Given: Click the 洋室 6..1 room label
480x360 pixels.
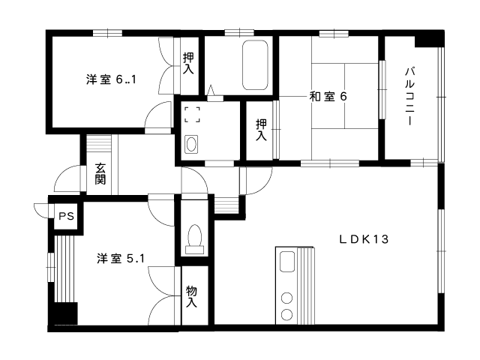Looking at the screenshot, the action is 111,79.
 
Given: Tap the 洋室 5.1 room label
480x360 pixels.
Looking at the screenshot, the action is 120,259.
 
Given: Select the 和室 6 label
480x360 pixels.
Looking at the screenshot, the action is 328,97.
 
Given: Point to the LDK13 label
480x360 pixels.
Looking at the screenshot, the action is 364,239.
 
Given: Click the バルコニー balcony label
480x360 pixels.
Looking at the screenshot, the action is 410,96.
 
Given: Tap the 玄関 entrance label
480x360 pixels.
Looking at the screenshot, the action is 100,173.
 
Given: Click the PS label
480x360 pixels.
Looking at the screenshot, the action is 67,217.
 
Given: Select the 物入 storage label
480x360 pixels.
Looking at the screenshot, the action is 192,296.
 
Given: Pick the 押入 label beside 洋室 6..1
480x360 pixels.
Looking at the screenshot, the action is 188,63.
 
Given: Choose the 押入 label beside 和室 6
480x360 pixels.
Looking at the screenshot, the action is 261,130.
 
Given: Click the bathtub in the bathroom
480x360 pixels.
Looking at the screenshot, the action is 256,65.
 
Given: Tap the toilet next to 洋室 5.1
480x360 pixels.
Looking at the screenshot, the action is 195,239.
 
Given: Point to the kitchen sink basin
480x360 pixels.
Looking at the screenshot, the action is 287,262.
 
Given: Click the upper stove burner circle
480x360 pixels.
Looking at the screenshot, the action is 286,298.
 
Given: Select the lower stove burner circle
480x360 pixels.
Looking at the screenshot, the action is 286,314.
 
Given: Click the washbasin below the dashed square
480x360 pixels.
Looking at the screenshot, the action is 191,144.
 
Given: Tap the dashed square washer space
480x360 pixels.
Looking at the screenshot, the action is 192,115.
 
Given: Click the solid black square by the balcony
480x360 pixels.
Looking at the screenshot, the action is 429,39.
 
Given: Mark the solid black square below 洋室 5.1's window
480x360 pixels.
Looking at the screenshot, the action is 63,313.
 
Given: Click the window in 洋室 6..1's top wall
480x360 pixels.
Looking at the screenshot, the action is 107,33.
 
